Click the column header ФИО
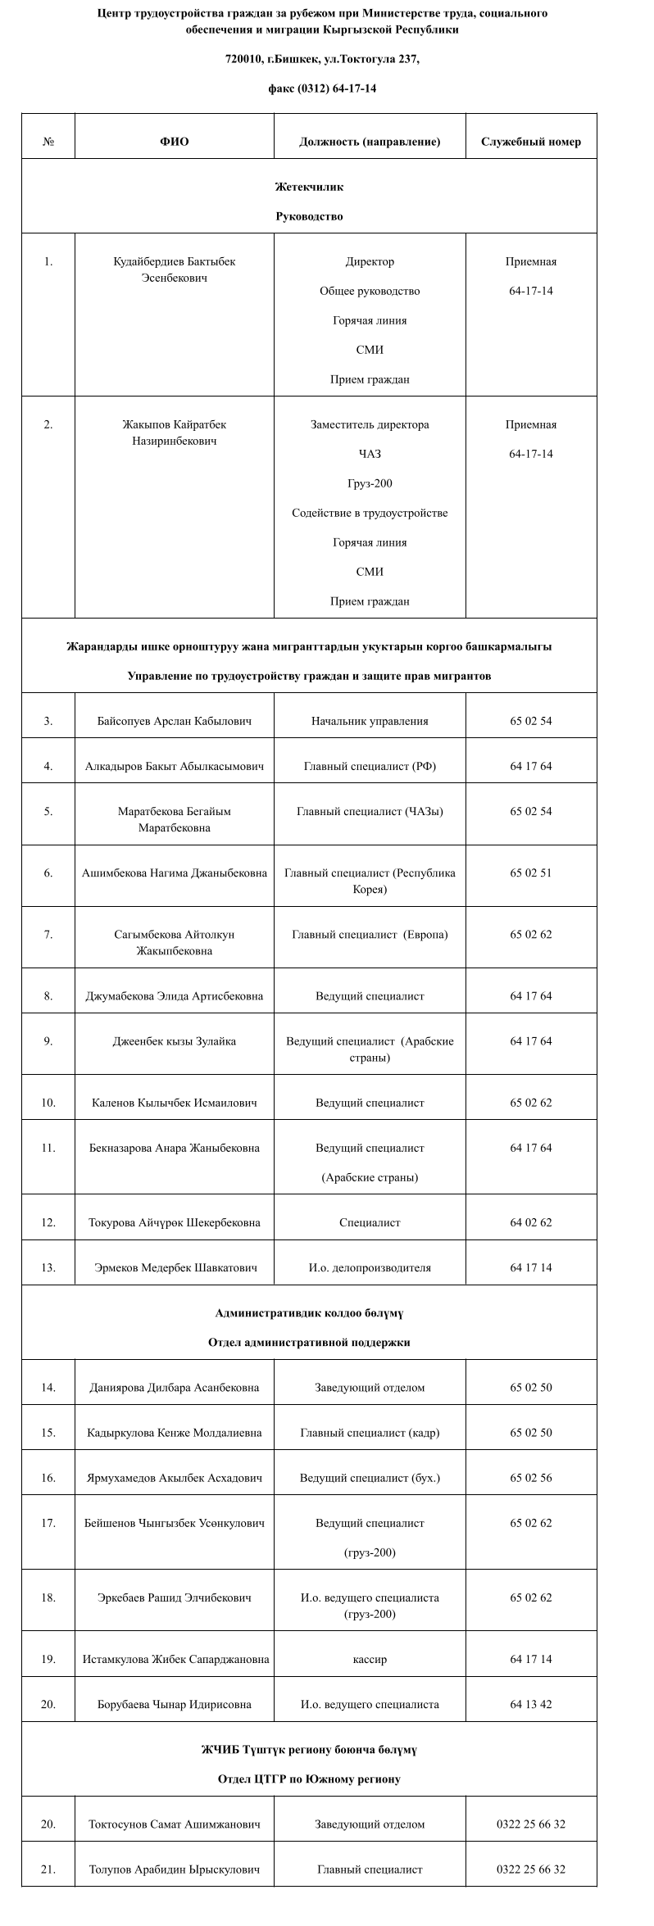pos(174,142)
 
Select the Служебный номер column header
pos(530,142)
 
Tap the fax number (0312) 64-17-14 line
pos(322,88)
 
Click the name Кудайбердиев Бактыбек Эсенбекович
pos(174,270)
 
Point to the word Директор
pos(370,262)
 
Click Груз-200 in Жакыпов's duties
pos(370,483)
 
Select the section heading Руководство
pos(309,217)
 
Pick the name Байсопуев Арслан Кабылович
pos(174,721)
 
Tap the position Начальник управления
pos(370,721)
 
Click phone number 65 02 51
pos(530,872)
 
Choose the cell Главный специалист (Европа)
pos(370,935)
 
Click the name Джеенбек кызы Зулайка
pos(174,1041)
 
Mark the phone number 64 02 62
pos(530,1222)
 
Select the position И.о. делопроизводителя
pos(370,1267)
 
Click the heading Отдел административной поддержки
pos(309,1343)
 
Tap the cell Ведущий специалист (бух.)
pos(370,1478)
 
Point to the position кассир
pos(370,1659)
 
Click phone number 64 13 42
pos(530,1704)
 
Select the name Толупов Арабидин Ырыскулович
pos(174,1869)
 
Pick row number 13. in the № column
pos(48,1267)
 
